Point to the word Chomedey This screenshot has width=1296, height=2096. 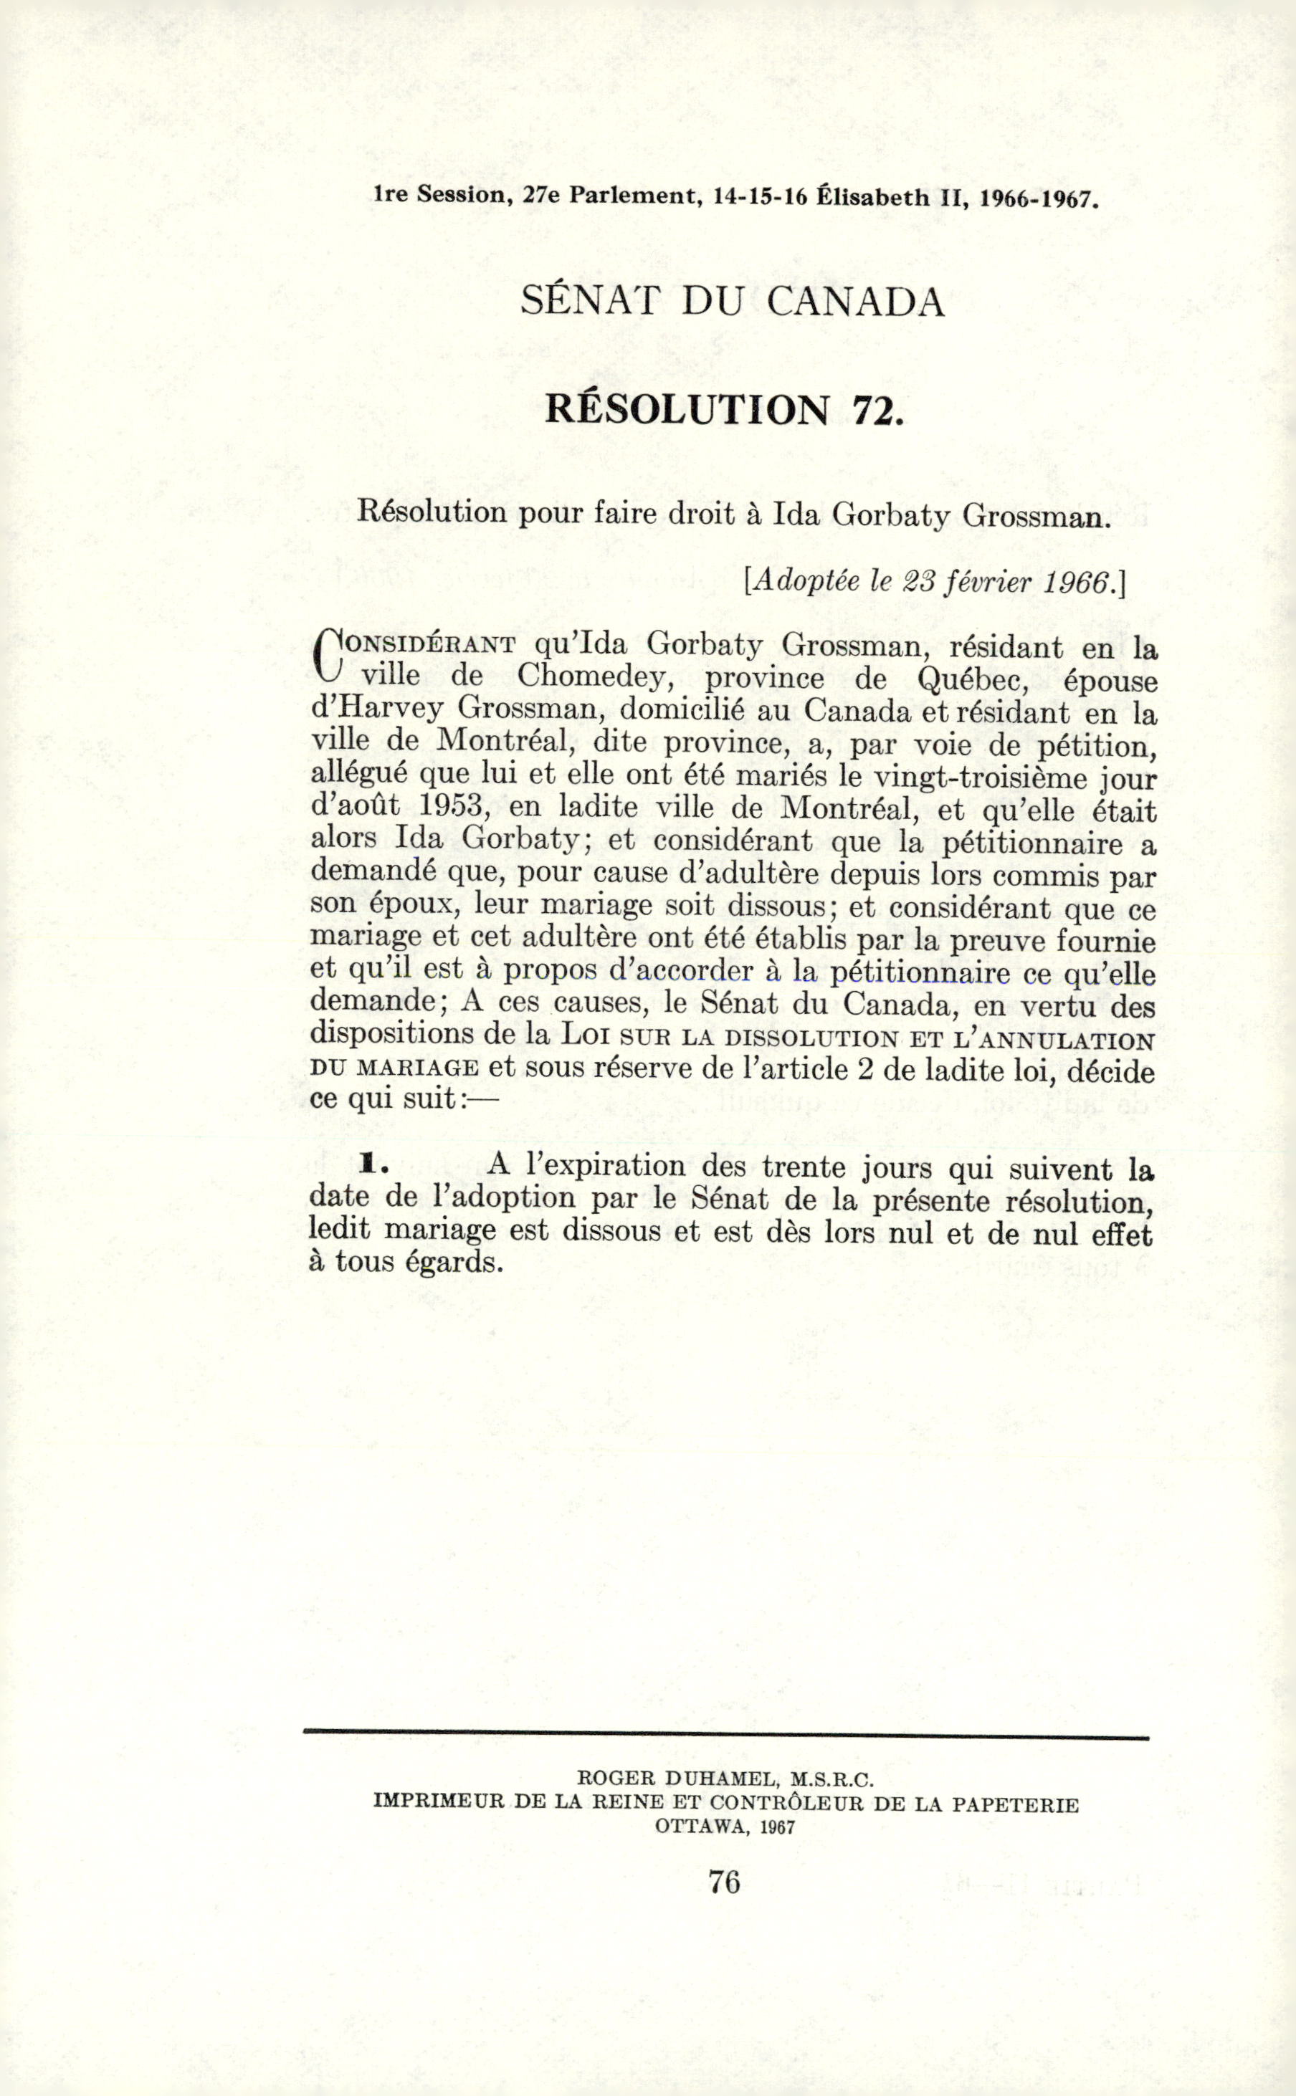click(591, 678)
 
